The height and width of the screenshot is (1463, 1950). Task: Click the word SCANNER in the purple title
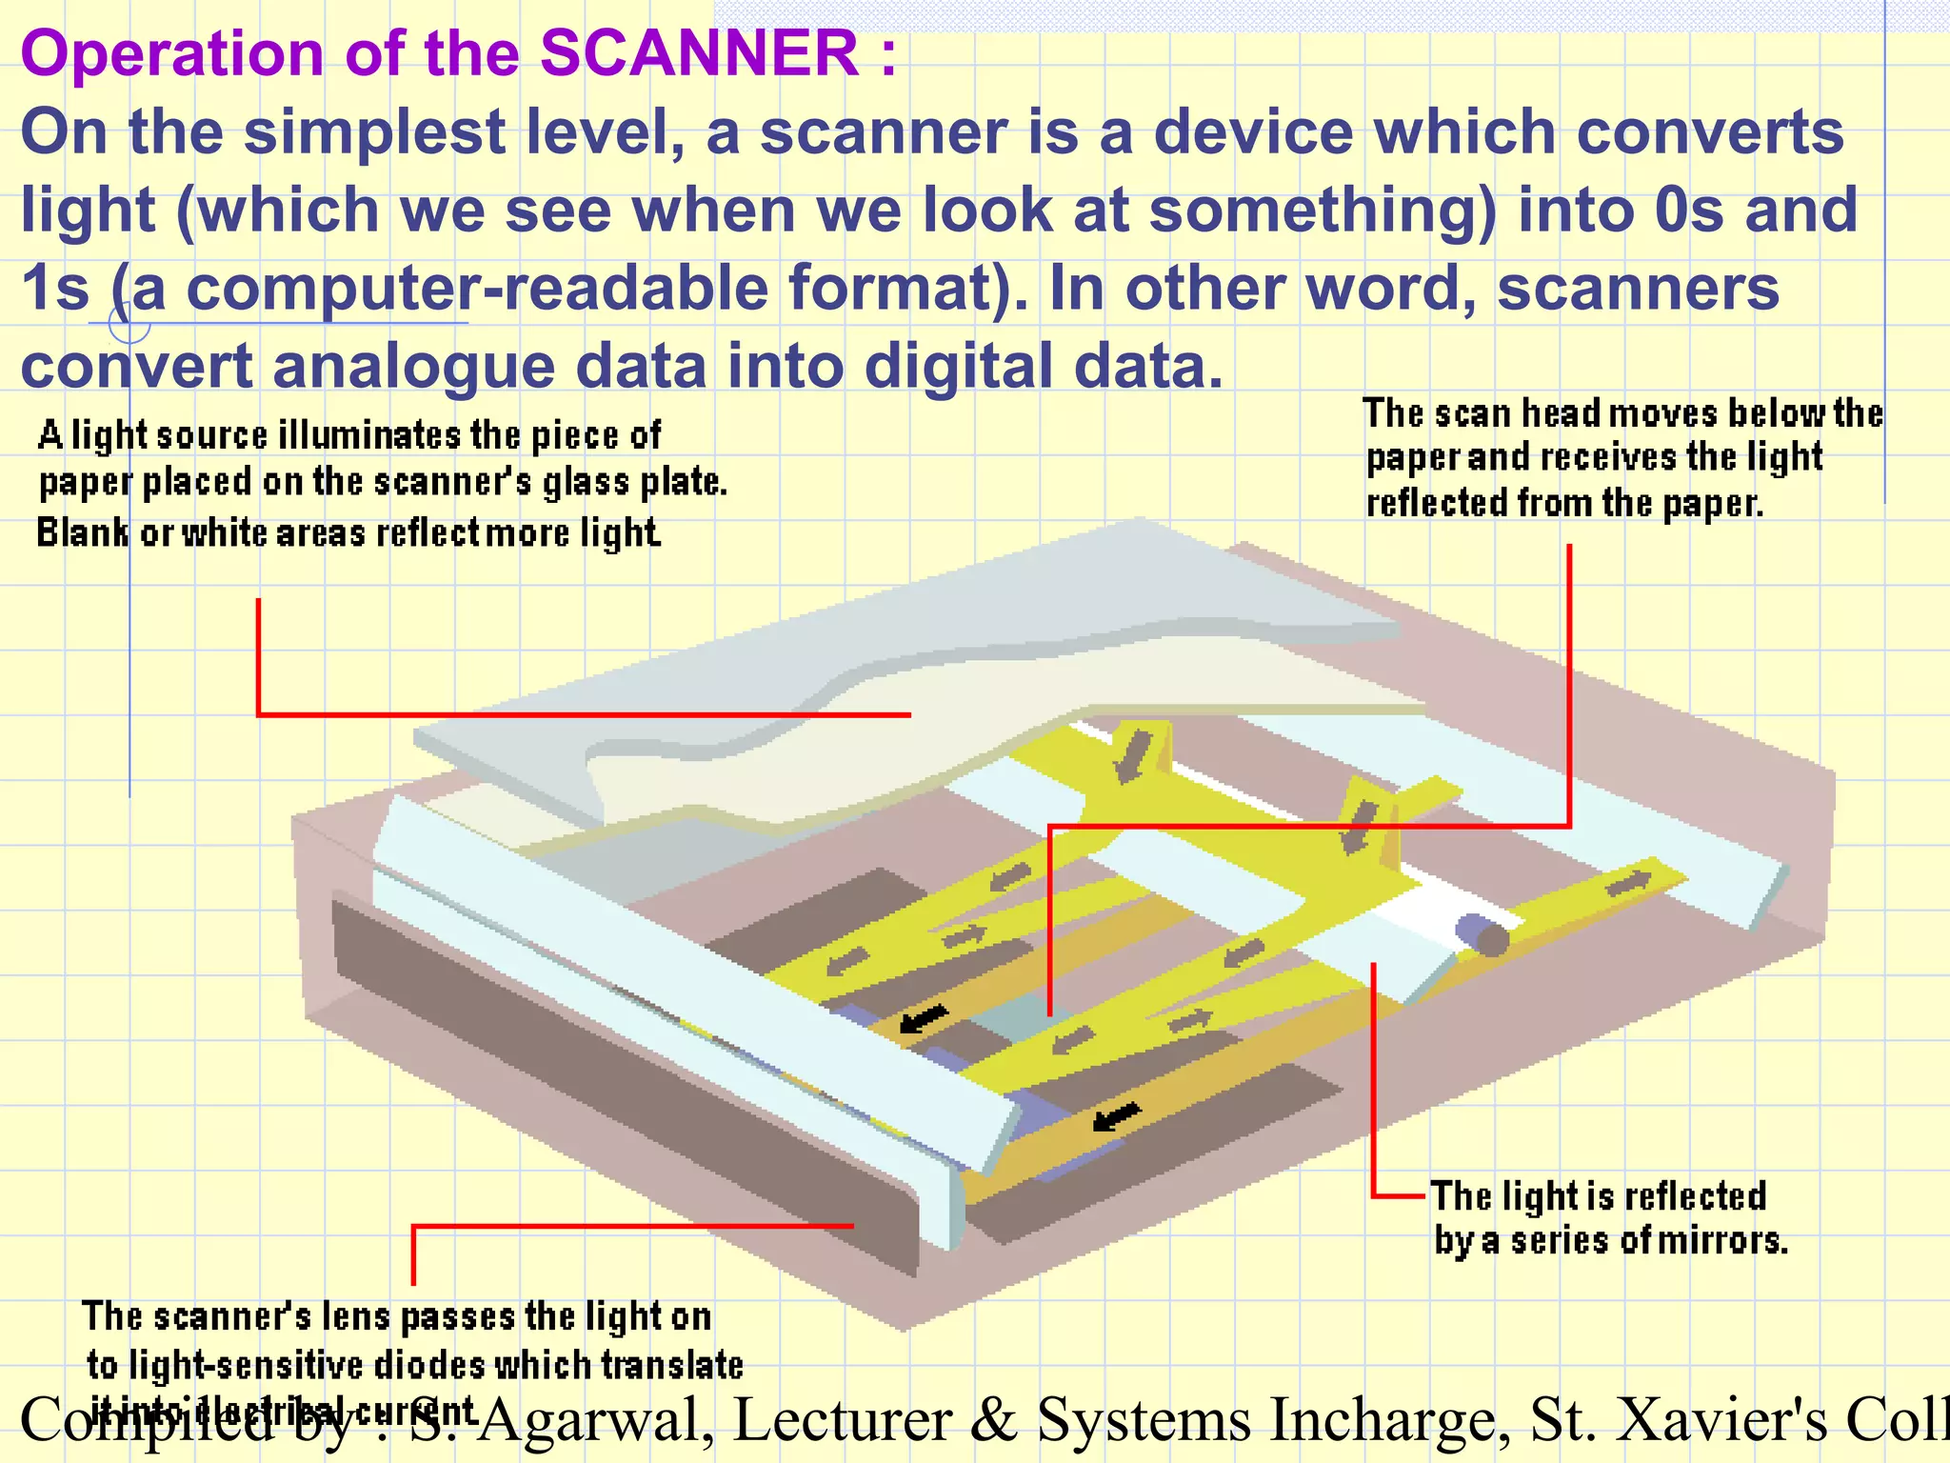699,53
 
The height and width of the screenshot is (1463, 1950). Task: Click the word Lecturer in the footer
842,1419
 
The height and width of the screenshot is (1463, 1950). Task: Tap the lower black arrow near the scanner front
1115,1115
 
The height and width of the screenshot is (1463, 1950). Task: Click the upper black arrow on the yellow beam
924,1018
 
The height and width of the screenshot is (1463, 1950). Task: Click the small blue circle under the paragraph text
129,323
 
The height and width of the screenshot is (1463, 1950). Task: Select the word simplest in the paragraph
374,132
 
